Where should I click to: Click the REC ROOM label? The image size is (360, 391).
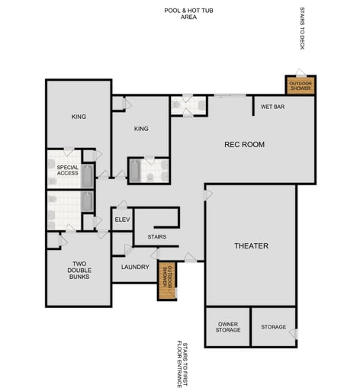(x=243, y=144)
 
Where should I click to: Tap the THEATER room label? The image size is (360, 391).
(x=251, y=245)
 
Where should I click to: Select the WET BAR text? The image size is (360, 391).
(x=272, y=107)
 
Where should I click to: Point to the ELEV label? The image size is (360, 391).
(x=122, y=220)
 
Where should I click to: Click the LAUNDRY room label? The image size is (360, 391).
(x=134, y=267)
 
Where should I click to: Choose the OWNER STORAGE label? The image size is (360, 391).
(x=227, y=327)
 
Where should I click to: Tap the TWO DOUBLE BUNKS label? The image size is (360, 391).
(x=78, y=270)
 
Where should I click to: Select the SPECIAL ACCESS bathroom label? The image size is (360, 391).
(x=67, y=170)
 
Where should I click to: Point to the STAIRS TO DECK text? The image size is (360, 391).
(x=302, y=29)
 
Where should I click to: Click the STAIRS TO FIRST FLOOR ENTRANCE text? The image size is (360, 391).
(x=182, y=364)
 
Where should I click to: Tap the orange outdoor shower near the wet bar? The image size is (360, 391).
(x=301, y=85)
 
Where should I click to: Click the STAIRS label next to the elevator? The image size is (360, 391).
(x=156, y=237)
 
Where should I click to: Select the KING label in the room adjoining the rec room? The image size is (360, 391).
(x=140, y=129)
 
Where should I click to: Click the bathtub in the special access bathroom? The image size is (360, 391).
(x=87, y=177)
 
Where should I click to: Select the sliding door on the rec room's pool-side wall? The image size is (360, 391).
(x=230, y=96)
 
